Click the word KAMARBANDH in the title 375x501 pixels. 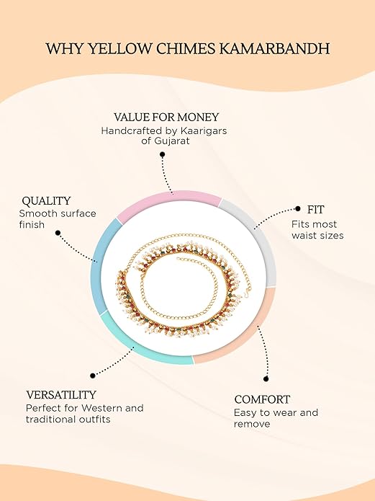[274, 49]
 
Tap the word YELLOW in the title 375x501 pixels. [120, 49]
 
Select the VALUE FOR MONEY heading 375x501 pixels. [166, 118]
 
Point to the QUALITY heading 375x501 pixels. [46, 201]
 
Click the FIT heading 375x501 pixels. [316, 210]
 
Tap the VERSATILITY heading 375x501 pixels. [61, 395]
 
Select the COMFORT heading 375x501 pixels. [262, 399]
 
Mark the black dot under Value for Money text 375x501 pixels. [163, 155]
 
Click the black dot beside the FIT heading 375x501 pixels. [298, 208]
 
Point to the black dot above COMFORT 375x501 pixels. [266, 379]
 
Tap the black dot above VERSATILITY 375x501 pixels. [93, 376]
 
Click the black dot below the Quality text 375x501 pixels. [58, 233]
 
